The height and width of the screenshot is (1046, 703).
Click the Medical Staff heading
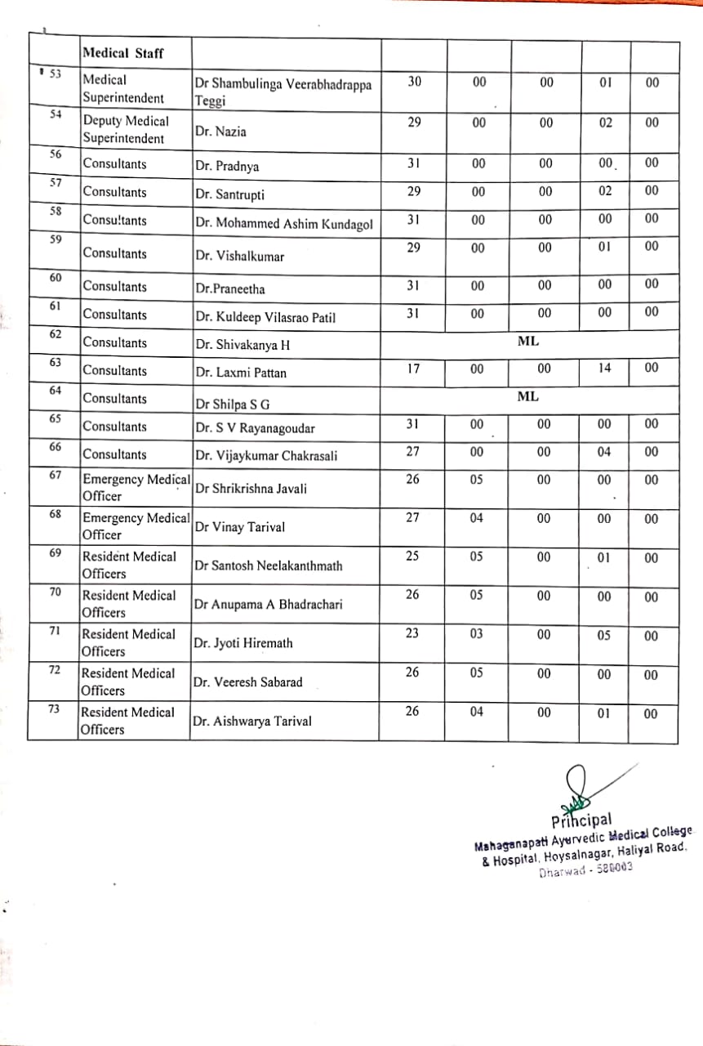click(122, 54)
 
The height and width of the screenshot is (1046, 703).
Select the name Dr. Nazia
click(220, 132)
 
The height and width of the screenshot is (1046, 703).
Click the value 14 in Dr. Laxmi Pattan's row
click(604, 369)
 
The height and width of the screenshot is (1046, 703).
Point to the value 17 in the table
click(414, 369)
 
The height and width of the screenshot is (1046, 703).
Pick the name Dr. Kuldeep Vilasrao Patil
click(265, 318)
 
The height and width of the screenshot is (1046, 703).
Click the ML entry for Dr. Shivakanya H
click(528, 341)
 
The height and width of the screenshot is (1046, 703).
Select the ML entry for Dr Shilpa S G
click(528, 396)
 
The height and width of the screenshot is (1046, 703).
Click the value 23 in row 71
click(412, 634)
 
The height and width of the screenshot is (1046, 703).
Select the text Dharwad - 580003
click(585, 870)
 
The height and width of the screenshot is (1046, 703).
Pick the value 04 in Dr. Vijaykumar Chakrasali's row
click(604, 452)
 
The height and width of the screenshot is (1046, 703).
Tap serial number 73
click(55, 709)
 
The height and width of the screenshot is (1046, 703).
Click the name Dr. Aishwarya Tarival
click(252, 722)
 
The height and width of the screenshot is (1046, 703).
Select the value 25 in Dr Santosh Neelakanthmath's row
click(412, 557)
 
